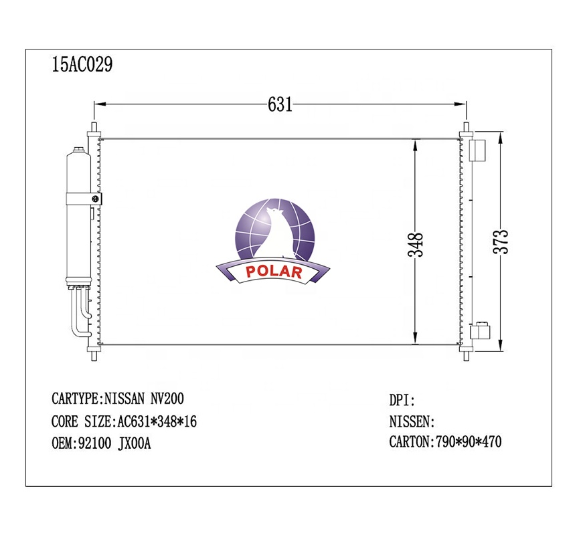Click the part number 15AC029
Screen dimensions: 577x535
[x=82, y=65]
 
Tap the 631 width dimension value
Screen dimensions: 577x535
[x=280, y=104]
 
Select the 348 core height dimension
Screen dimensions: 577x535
[x=416, y=245]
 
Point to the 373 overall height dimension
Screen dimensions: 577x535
[x=501, y=241]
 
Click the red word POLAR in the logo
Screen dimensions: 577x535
[x=274, y=272]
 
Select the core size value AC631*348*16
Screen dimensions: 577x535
[x=157, y=421]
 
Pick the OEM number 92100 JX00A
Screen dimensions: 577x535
[x=114, y=443]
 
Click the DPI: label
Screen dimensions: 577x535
[x=402, y=400]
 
